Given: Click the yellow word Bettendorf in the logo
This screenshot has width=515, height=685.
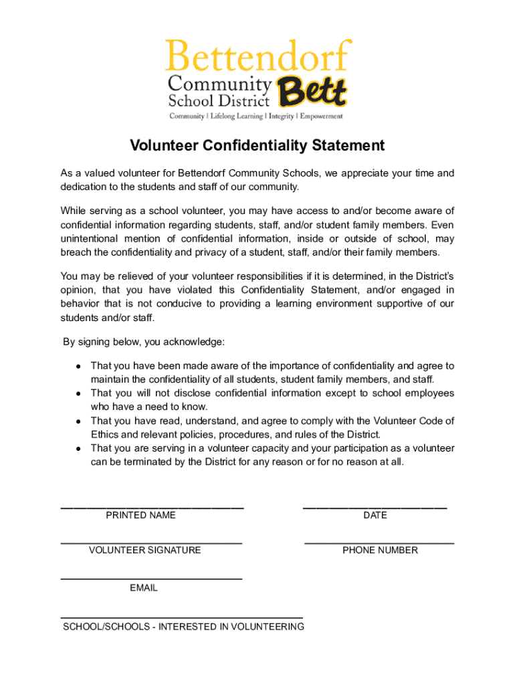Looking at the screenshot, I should tap(258, 56).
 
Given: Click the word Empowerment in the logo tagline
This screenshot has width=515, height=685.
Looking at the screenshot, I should tap(320, 116).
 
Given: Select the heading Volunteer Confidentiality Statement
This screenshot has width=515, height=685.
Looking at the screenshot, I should tap(257, 145).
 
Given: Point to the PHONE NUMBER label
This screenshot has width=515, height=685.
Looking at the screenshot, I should tap(380, 551).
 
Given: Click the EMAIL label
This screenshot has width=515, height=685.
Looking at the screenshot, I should tap(144, 588).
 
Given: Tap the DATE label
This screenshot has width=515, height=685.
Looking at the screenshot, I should tap(375, 516).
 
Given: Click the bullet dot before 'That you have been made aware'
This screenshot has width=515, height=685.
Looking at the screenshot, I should tap(78, 367).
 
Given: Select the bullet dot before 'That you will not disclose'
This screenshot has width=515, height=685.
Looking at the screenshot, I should tap(78, 394).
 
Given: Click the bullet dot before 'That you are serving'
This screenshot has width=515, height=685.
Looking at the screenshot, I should tap(78, 449).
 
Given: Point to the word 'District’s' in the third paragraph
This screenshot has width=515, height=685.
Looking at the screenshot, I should tap(431, 276).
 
